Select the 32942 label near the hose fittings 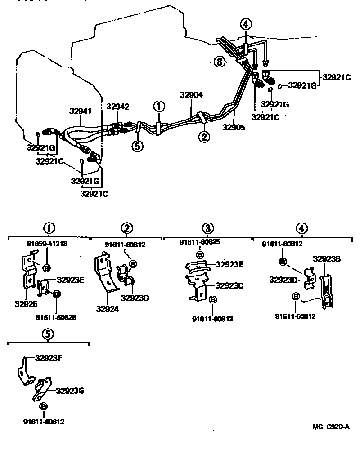coord(118,107)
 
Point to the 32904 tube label coord(192,95)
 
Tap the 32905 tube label coord(234,127)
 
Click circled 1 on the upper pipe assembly coord(159,106)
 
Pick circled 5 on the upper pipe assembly coord(138,146)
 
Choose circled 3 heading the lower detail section coord(207,228)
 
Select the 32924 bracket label coord(106,309)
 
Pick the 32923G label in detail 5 coord(70,391)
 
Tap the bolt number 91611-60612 coord(44,422)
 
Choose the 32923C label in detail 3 coord(229,285)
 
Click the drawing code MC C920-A coord(331,427)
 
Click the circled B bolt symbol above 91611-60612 coord(44,407)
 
